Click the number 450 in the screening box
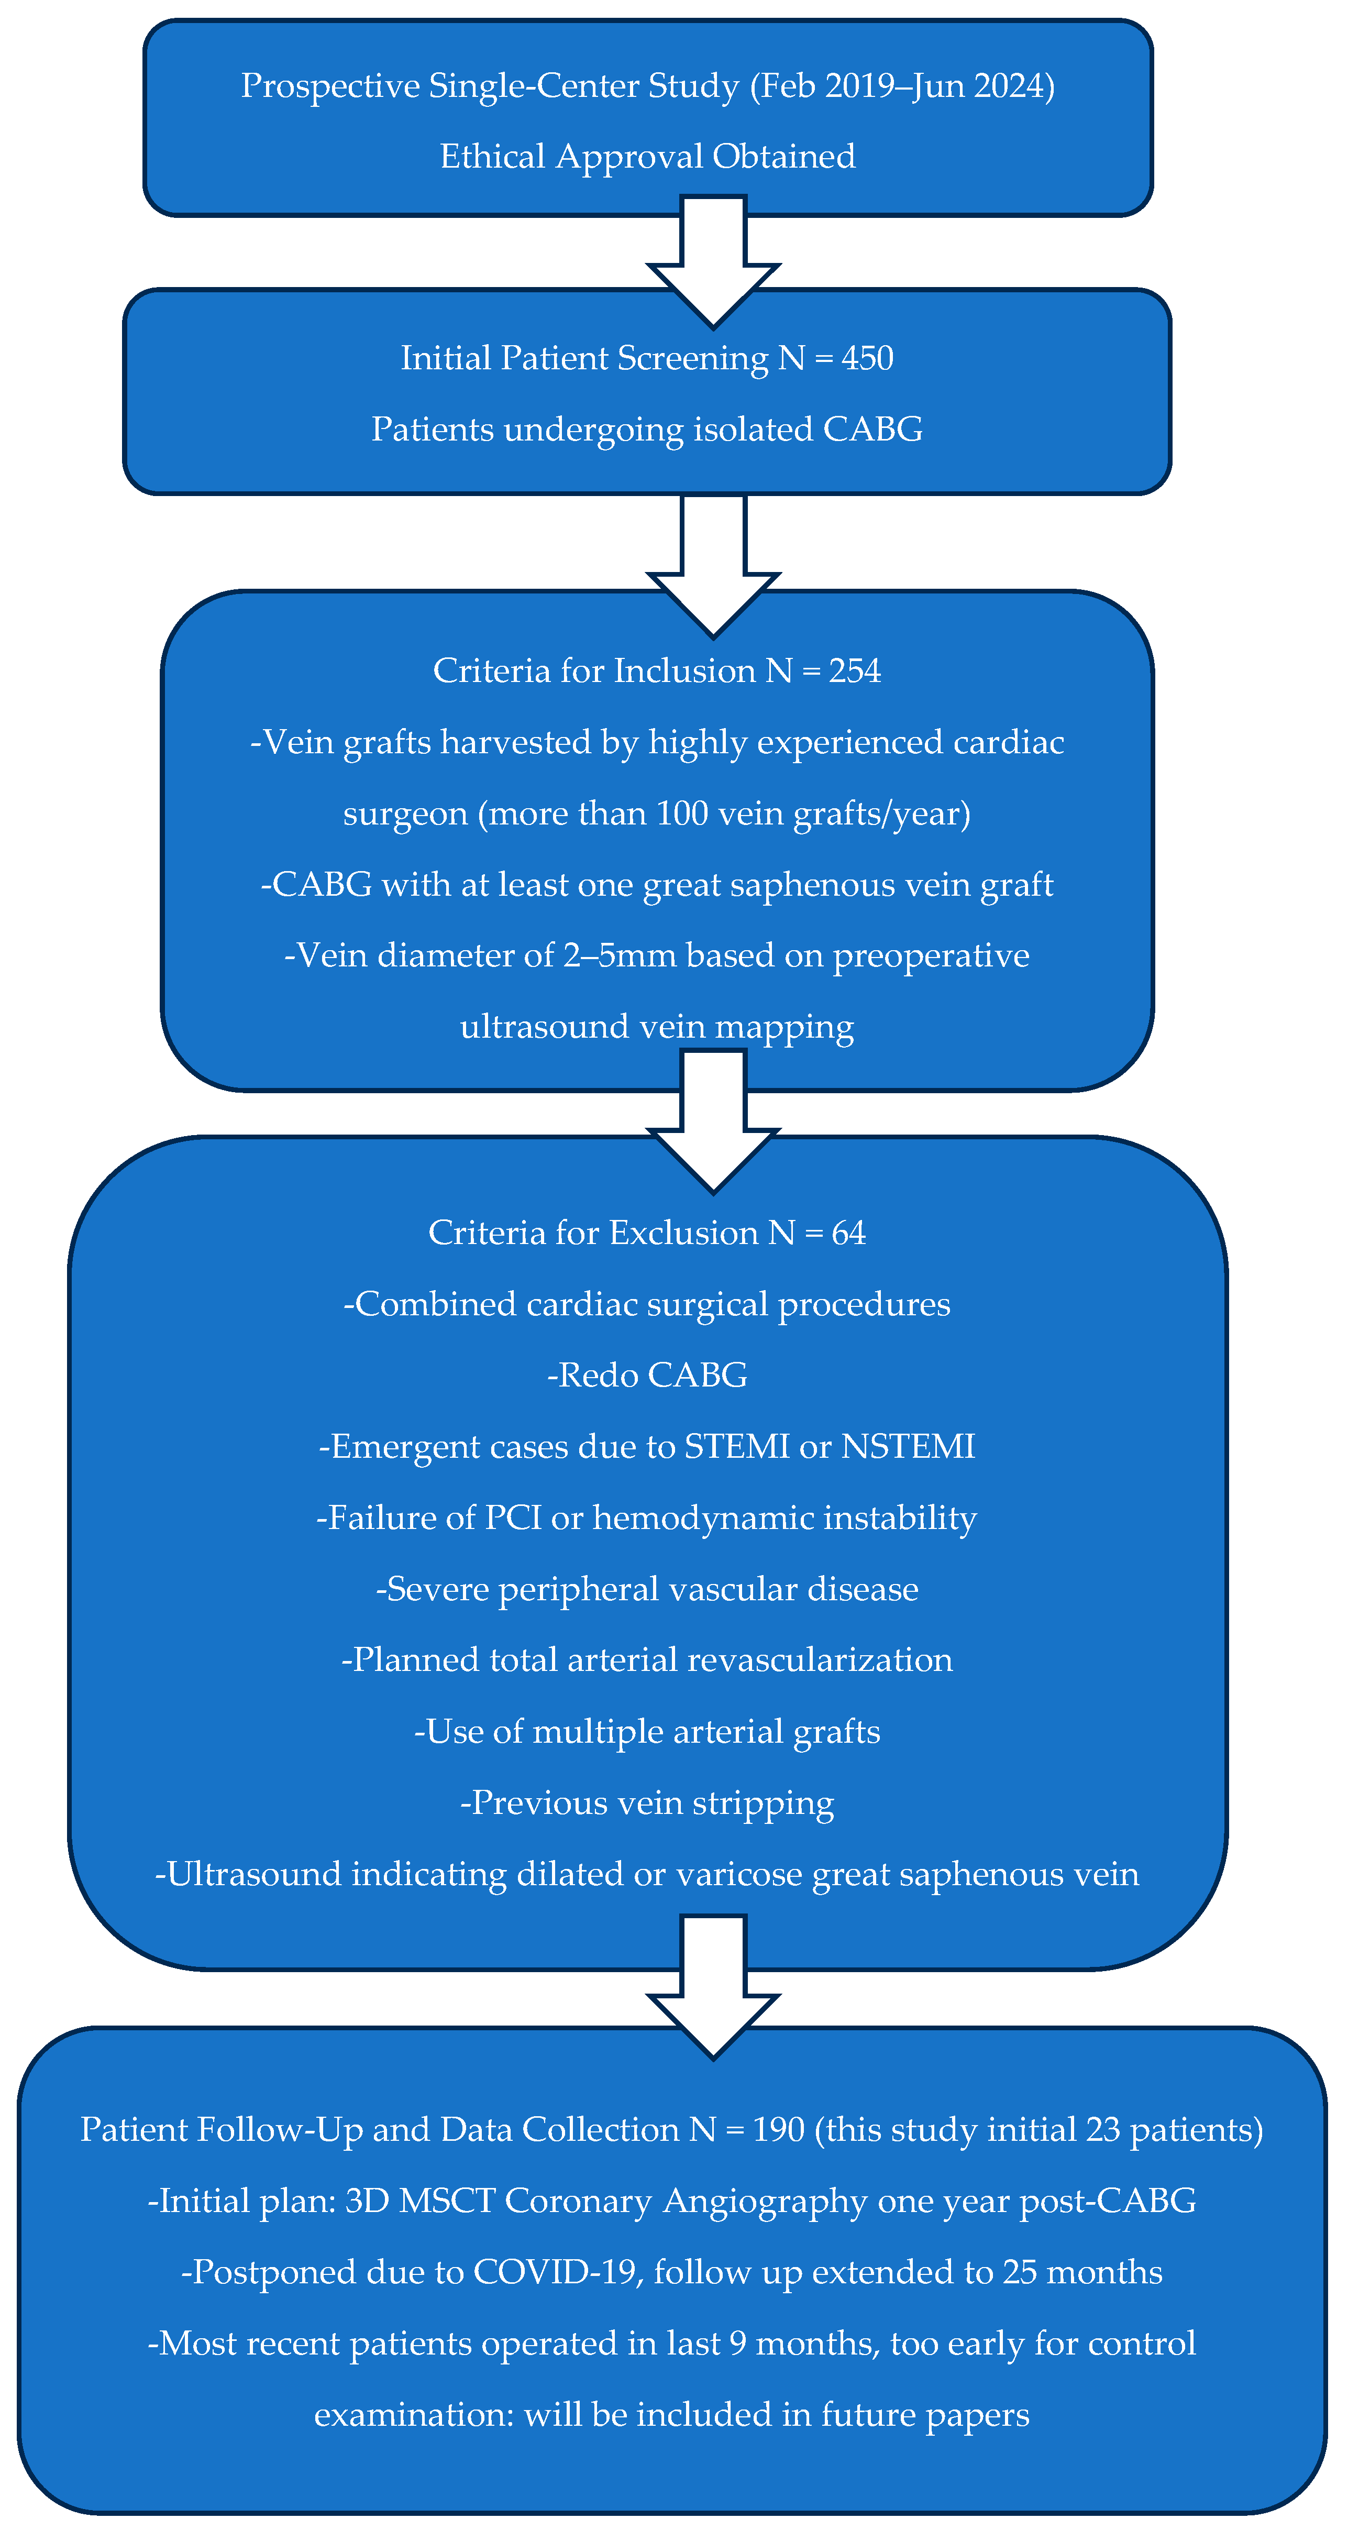coord(867,358)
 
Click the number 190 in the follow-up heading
coord(779,2129)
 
